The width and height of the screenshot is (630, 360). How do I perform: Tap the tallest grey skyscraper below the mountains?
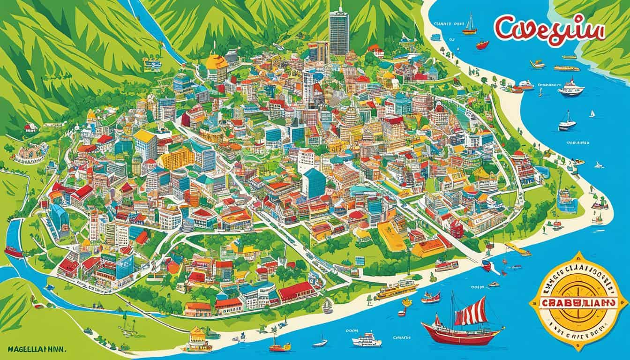(x=339, y=31)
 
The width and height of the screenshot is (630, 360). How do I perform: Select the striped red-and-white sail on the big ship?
(x=469, y=310)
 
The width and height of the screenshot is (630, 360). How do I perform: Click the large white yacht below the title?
(x=571, y=87)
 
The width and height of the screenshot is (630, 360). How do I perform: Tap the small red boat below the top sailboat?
(x=482, y=45)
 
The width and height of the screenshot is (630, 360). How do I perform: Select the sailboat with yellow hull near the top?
(x=469, y=29)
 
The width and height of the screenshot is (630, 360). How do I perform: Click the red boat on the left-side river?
(x=13, y=252)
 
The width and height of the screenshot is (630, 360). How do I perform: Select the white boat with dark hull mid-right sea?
(x=567, y=123)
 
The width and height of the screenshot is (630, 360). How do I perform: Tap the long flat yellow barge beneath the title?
(x=566, y=68)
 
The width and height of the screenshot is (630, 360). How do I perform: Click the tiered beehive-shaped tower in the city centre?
(x=350, y=120)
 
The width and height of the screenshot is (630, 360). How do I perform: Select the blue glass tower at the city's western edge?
(x=60, y=218)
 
